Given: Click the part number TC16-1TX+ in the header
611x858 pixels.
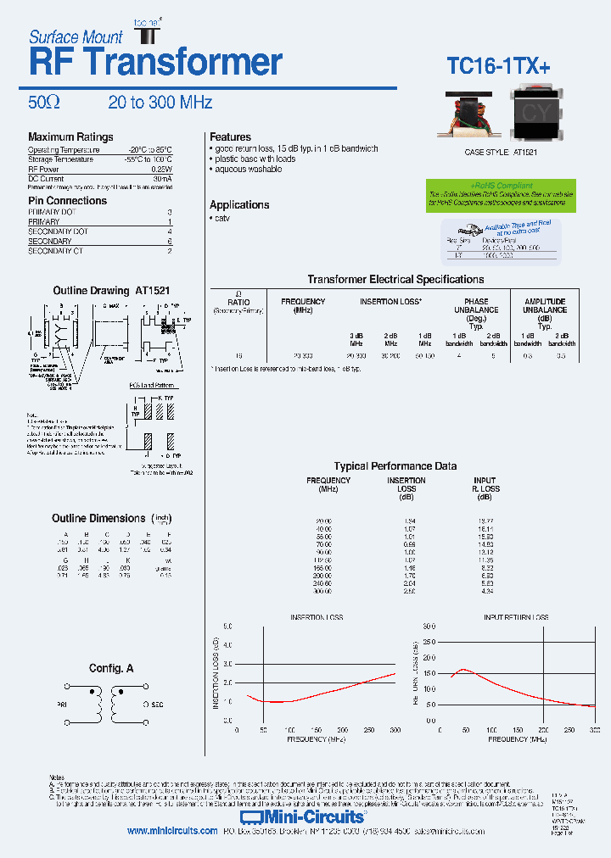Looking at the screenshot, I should pos(498,66).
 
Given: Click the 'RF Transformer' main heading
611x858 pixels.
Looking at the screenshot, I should pos(155,62).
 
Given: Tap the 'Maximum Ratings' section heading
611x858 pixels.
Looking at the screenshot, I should pos(70,137).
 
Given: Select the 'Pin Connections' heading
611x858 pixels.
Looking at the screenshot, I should pos(68,201).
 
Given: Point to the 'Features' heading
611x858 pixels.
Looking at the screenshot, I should pos(230,137).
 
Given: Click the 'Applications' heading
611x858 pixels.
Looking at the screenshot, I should pos(239,205).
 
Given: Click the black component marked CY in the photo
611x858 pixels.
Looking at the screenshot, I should pos(535,114).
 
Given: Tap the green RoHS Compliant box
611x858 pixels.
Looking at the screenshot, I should pos(501,194).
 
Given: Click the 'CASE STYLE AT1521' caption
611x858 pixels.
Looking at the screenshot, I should pos(501,152).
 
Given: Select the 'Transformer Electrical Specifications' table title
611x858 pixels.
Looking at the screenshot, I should pos(395,280).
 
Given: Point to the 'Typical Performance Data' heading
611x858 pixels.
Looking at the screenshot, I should pos(395,466).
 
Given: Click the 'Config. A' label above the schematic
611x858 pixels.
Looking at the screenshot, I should pos(111,669).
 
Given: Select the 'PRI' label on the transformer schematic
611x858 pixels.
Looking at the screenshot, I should pos(62,705).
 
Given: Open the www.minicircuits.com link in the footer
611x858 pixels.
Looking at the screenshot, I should pos(172,832).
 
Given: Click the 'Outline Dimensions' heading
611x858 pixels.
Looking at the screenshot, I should pos(98,519).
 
